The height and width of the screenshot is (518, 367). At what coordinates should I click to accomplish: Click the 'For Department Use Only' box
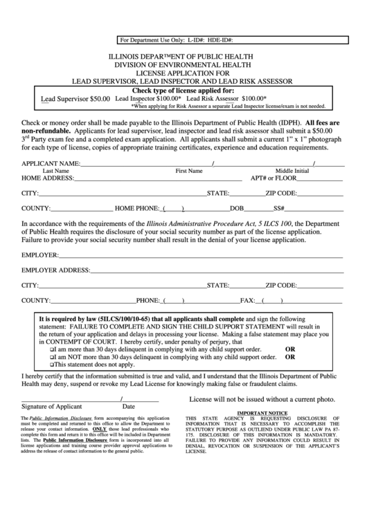pyautogui.click(x=183, y=41)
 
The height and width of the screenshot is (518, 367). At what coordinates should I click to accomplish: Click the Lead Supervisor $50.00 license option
pyautogui.click(x=75, y=99)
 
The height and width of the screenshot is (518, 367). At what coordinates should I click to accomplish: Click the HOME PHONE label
pyautogui.click(x=137, y=208)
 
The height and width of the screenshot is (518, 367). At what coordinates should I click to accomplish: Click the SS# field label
pyautogui.click(x=279, y=208)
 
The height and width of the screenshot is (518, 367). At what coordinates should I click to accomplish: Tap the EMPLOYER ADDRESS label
pyautogui.click(x=55, y=270)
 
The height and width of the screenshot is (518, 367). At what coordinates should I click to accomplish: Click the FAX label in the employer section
pyautogui.click(x=248, y=301)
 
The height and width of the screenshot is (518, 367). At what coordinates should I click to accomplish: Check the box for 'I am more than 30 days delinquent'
pyautogui.click(x=52, y=350)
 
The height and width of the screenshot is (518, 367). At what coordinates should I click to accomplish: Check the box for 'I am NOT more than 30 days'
pyautogui.click(x=52, y=358)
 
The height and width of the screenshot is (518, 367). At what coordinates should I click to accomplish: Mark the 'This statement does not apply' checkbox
pyautogui.click(x=52, y=365)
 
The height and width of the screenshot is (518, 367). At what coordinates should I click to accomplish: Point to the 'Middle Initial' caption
pyautogui.click(x=292, y=170)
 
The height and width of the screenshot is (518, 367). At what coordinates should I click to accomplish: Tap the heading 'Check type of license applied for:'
pyautogui.click(x=183, y=91)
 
